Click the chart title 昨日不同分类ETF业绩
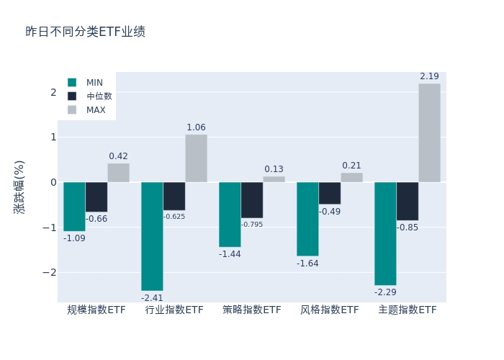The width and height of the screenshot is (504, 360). (x=85, y=32)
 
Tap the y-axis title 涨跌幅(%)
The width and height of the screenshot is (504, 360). (x=19, y=187)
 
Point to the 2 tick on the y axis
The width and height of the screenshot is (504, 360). (x=53, y=92)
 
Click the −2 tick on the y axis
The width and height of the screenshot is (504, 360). (x=50, y=272)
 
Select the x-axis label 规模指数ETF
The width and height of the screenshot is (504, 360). (x=96, y=310)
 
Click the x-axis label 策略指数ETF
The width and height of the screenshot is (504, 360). (x=252, y=310)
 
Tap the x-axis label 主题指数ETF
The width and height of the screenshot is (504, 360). (x=408, y=310)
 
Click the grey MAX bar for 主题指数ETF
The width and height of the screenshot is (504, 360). (x=429, y=133)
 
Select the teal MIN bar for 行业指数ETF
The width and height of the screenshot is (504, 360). (x=152, y=236)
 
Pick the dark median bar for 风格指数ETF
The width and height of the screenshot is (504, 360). (x=330, y=193)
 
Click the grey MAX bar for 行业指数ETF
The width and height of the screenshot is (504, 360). (x=196, y=158)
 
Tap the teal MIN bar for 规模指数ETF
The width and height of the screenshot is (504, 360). (x=74, y=207)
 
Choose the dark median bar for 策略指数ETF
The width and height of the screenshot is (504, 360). (x=252, y=200)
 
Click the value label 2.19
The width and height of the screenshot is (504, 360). (x=429, y=76)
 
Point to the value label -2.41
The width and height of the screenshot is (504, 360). (x=152, y=298)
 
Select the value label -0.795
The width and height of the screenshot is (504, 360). (x=252, y=225)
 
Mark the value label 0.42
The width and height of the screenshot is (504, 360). (x=118, y=156)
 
